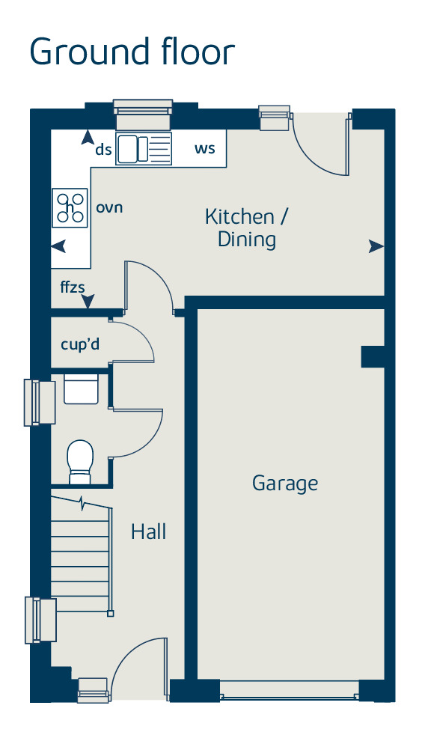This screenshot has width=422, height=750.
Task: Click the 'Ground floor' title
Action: tap(132, 52)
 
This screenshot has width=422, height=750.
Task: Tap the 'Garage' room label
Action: tap(284, 484)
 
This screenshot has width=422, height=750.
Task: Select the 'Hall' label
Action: tap(148, 532)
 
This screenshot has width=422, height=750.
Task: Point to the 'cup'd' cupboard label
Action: tap(80, 345)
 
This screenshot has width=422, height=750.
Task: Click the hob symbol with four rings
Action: tap(70, 207)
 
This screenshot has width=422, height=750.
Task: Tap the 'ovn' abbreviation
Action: tap(108, 207)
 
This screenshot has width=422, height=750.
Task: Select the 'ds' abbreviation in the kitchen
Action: tap(103, 150)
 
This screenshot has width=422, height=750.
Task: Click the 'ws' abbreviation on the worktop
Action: tap(204, 148)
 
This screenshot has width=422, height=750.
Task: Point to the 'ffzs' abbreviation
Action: tap(73, 286)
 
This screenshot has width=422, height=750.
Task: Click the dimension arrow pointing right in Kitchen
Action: tap(376, 246)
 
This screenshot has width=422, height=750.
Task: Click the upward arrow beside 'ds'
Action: tap(88, 138)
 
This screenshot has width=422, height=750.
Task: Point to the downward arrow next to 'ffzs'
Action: tap(88, 302)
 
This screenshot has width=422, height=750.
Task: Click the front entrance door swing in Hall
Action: tap(138, 666)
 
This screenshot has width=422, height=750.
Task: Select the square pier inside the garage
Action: tap(373, 356)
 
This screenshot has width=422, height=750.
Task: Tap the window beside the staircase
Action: tap(40, 620)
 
